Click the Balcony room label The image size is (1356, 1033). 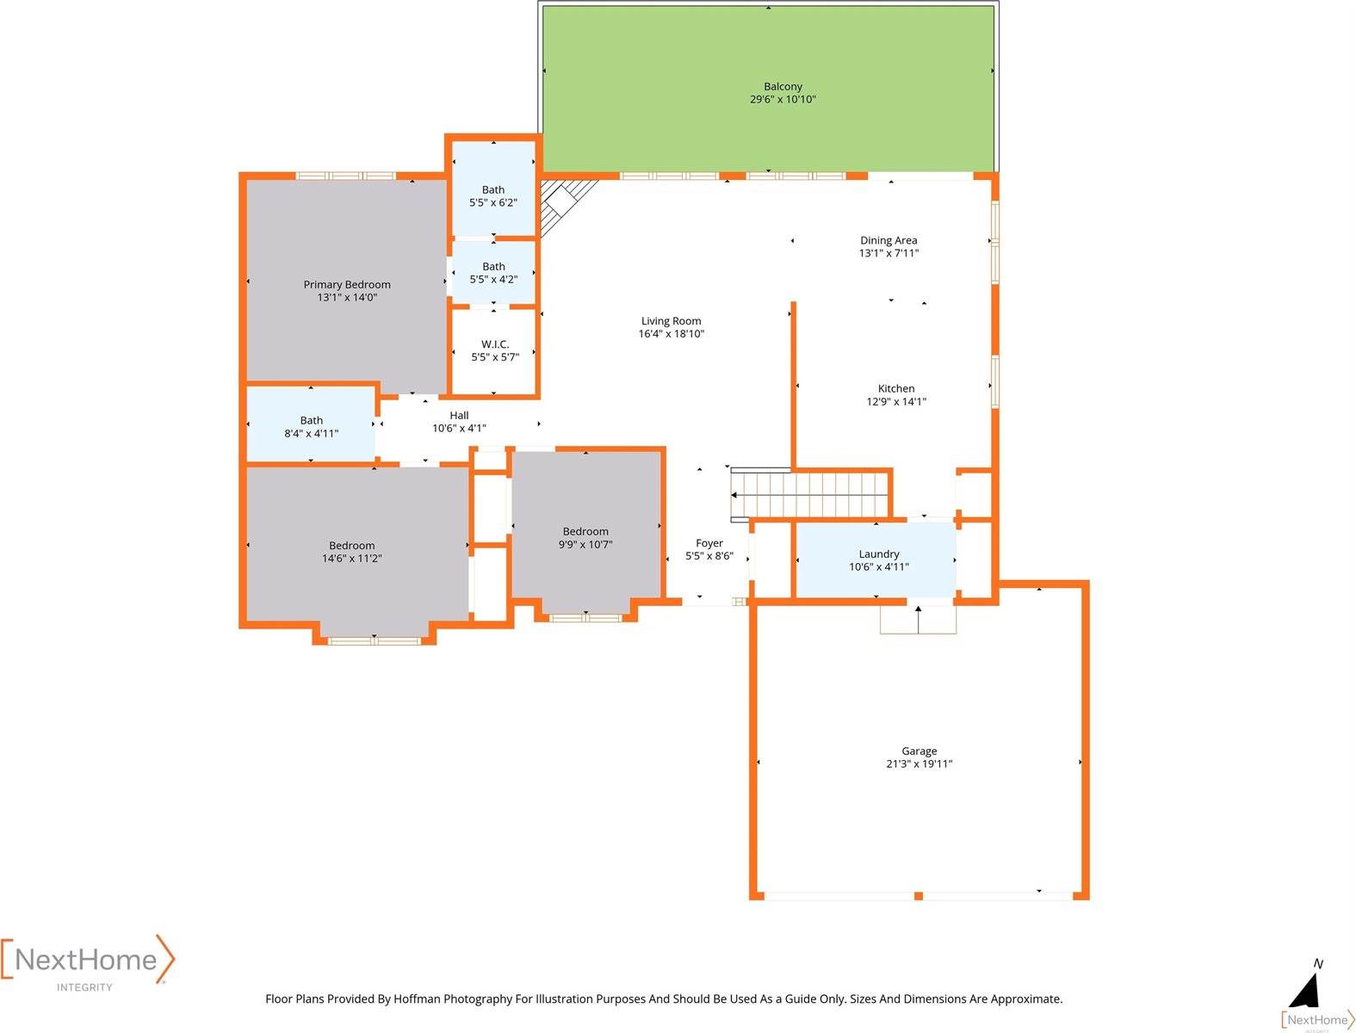pyautogui.click(x=783, y=87)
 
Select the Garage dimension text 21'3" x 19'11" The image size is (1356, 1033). pyautogui.click(x=919, y=764)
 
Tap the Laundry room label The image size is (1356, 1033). pyautogui.click(x=878, y=554)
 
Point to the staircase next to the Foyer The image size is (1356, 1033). pyautogui.click(x=809, y=495)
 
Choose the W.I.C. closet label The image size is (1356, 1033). pyautogui.click(x=495, y=344)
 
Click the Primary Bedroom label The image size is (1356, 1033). pyautogui.click(x=347, y=285)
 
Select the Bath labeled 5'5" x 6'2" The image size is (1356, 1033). pyautogui.click(x=493, y=196)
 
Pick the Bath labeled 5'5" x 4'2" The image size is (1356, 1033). pyautogui.click(x=493, y=273)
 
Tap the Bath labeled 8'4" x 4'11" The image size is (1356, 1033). pyautogui.click(x=312, y=427)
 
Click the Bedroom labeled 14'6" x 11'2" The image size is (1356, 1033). pyautogui.click(x=352, y=552)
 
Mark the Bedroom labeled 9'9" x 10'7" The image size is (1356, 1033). pyautogui.click(x=585, y=538)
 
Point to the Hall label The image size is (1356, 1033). pyautogui.click(x=459, y=416)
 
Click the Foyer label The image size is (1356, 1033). pyautogui.click(x=709, y=543)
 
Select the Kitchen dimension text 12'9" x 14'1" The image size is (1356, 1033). pyautogui.click(x=895, y=402)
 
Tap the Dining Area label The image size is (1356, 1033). pyautogui.click(x=889, y=241)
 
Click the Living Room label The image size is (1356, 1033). pyautogui.click(x=671, y=321)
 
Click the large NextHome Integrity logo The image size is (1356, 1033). pyautogui.click(x=87, y=962)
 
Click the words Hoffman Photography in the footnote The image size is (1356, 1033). pyautogui.click(x=453, y=999)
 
